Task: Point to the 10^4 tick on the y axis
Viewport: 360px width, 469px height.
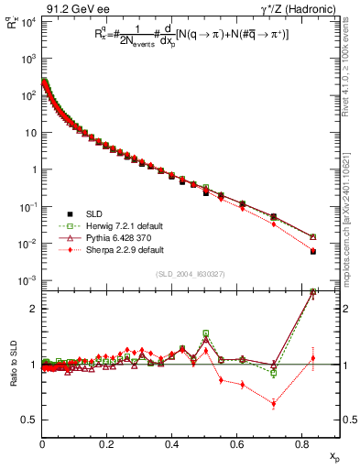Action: (27, 20)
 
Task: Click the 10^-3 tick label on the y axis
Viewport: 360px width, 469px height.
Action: (27, 280)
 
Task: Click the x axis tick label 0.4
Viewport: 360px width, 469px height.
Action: (171, 443)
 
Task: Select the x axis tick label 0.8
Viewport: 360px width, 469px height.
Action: (300, 443)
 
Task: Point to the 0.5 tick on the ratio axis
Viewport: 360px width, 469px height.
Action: (28, 420)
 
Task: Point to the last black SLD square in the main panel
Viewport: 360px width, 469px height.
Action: (313, 251)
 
